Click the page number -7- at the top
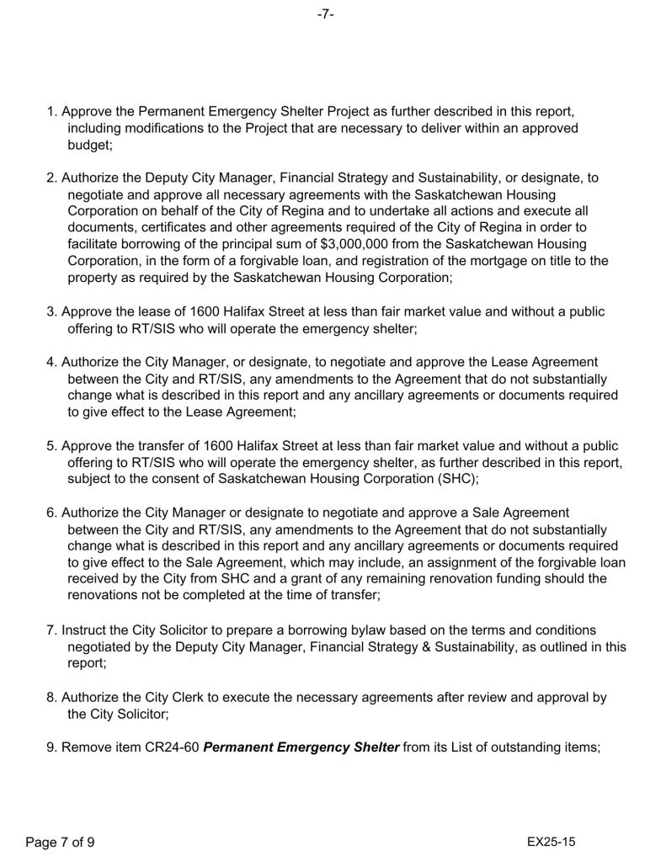[x=326, y=15]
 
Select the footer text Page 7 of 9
[x=60, y=842]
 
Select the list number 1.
[x=51, y=112]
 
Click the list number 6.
[x=51, y=512]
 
